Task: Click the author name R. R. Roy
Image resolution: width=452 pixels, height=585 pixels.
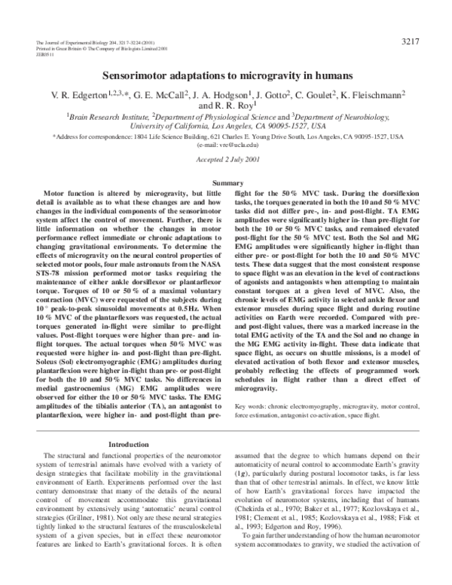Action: [x=238, y=106]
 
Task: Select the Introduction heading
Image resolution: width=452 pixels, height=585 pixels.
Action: [x=133, y=444]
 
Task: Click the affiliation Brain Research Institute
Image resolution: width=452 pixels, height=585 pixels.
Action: [x=110, y=117]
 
